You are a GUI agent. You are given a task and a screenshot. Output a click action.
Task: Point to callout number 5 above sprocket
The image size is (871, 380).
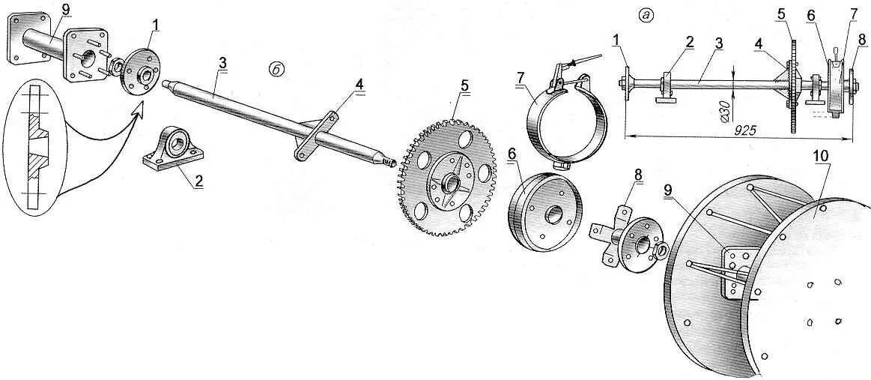point(464,85)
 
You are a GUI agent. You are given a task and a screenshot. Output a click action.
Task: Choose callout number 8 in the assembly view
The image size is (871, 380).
point(862,38)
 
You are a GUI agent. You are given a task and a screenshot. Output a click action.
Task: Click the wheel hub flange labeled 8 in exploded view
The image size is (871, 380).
point(625,242)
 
